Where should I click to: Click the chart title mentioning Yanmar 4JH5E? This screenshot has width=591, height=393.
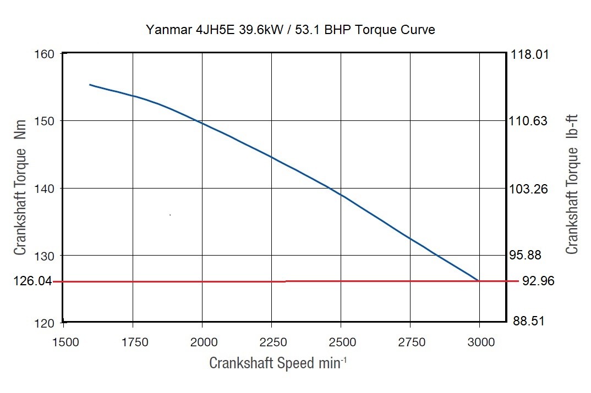291,30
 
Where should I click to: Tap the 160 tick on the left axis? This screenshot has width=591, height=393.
44,54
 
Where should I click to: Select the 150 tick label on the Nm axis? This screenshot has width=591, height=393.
44,121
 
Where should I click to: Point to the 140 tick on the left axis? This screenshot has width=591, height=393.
44,189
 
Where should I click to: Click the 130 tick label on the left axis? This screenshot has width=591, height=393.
44,256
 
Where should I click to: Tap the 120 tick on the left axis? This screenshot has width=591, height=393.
44,323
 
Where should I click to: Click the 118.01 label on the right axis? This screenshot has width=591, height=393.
530,54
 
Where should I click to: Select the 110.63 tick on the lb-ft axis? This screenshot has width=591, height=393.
530,121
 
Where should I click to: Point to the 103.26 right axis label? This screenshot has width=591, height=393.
530,189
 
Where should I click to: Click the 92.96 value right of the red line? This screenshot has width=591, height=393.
538,281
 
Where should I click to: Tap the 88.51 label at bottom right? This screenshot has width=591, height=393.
528,321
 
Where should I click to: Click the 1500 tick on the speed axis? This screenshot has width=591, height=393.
64,342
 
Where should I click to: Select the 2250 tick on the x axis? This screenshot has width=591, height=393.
272,342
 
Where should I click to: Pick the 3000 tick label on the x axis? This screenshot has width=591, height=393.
480,342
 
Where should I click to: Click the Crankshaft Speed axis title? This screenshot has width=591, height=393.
278,363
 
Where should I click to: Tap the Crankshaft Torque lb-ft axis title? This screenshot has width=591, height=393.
572,187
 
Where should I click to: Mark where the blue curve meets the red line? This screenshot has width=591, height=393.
478,281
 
